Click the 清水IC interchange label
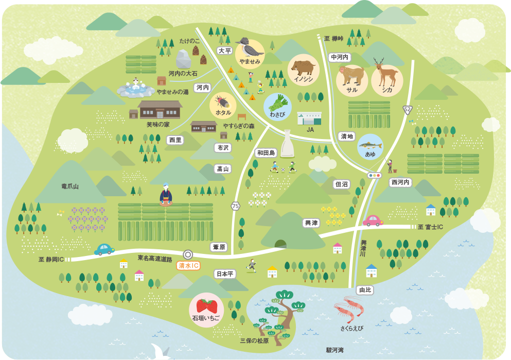(188, 266)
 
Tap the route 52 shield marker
(408, 109)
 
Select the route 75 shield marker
(236, 206)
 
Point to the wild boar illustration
(303, 67)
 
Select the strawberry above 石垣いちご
(206, 305)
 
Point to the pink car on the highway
(373, 220)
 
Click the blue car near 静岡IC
(104, 250)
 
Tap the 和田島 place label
(267, 152)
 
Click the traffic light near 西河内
(375, 175)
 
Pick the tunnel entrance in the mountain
(281, 243)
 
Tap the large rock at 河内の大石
(182, 59)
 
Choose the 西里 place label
(175, 140)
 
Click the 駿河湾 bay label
(334, 350)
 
